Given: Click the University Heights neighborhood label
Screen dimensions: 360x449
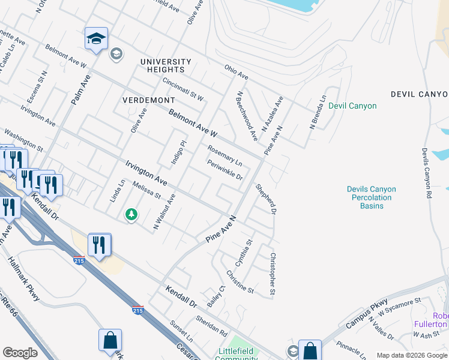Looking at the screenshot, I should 166,65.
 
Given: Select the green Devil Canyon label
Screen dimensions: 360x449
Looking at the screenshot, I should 352,106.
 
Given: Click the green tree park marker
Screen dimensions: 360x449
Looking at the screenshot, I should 131,214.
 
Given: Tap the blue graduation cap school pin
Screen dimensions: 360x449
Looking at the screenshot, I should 96,40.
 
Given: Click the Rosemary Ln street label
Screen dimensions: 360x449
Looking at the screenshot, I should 224,155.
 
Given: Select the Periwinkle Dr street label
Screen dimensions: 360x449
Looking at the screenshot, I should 224,170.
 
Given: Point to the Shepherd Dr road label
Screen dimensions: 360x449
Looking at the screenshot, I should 266,199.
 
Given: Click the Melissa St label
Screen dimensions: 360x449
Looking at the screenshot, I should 147,190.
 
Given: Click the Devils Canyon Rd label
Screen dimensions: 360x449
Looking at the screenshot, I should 426,173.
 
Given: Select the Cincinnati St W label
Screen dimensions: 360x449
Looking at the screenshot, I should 183,89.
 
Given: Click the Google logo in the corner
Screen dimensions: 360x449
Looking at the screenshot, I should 20,353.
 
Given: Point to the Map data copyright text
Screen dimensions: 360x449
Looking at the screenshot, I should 412,355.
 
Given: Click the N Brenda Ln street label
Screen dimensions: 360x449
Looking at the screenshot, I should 318,112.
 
